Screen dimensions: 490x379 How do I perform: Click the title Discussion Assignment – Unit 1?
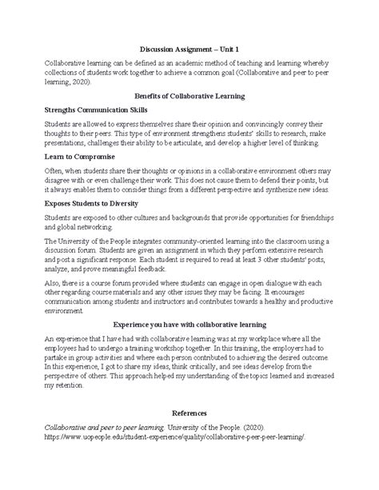pos(189,47)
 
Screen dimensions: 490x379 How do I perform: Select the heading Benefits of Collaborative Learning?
pos(189,95)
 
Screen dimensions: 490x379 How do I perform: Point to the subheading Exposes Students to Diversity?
pos(94,205)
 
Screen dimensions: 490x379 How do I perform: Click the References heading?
pos(189,413)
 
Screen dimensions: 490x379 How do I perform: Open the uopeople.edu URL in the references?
pos(175,439)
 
